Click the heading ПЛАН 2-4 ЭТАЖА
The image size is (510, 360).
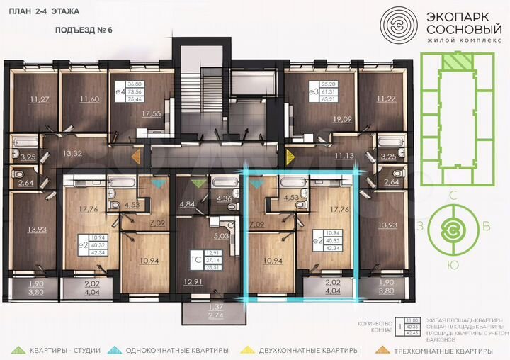pyautogui.click(x=45, y=12)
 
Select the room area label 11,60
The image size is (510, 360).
pyautogui.click(x=90, y=99)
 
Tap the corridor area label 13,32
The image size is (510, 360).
pyautogui.click(x=73, y=152)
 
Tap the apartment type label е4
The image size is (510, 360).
pyautogui.click(x=120, y=91)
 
